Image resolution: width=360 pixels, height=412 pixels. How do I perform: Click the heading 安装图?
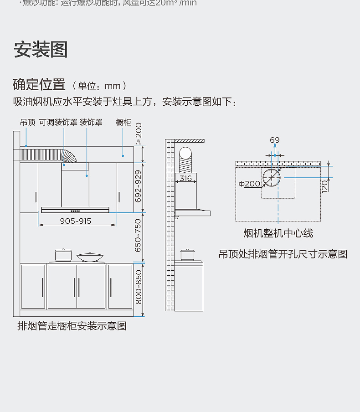[41, 49]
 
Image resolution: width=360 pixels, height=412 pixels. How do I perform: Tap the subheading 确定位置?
[39, 85]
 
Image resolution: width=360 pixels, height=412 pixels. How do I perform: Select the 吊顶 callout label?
[27, 122]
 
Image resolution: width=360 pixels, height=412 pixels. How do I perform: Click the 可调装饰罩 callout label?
[58, 122]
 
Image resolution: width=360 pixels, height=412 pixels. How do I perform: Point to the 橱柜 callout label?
[123, 122]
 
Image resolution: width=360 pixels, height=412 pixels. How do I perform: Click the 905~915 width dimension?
[76, 221]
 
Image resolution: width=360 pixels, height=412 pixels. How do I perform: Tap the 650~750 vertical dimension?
[139, 238]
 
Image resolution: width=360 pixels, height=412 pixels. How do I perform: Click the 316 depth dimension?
[185, 179]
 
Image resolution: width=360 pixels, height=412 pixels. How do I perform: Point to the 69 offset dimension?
[274, 140]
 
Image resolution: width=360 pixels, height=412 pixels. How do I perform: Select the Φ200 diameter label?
[249, 184]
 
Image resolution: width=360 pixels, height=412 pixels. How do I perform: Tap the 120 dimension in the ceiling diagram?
[324, 185]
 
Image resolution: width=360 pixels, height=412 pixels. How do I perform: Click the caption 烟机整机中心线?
[278, 233]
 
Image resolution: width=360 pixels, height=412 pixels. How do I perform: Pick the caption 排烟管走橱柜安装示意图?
[72, 326]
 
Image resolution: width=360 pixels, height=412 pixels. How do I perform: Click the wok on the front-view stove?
[90, 257]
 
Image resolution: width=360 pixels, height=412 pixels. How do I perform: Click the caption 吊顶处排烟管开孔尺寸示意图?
[283, 254]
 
